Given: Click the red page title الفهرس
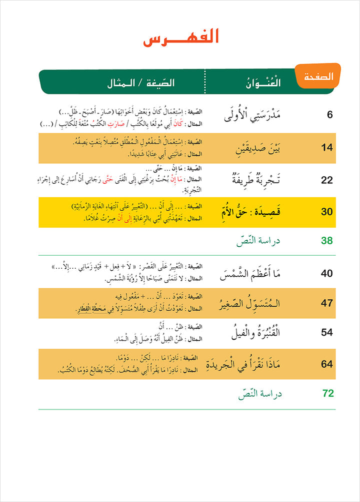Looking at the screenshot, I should (x=181, y=38).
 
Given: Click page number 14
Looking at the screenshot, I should (x=326, y=148).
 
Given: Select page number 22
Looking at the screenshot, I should (x=326, y=180).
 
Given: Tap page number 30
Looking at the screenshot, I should (x=326, y=212).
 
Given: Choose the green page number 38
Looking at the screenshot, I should (x=326, y=241).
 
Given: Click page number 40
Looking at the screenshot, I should (x=326, y=273).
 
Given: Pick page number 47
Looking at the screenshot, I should (x=326, y=303).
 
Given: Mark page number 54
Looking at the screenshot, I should (x=326, y=333).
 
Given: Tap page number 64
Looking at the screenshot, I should (x=326, y=364).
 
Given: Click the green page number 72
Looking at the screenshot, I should (x=327, y=394).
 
